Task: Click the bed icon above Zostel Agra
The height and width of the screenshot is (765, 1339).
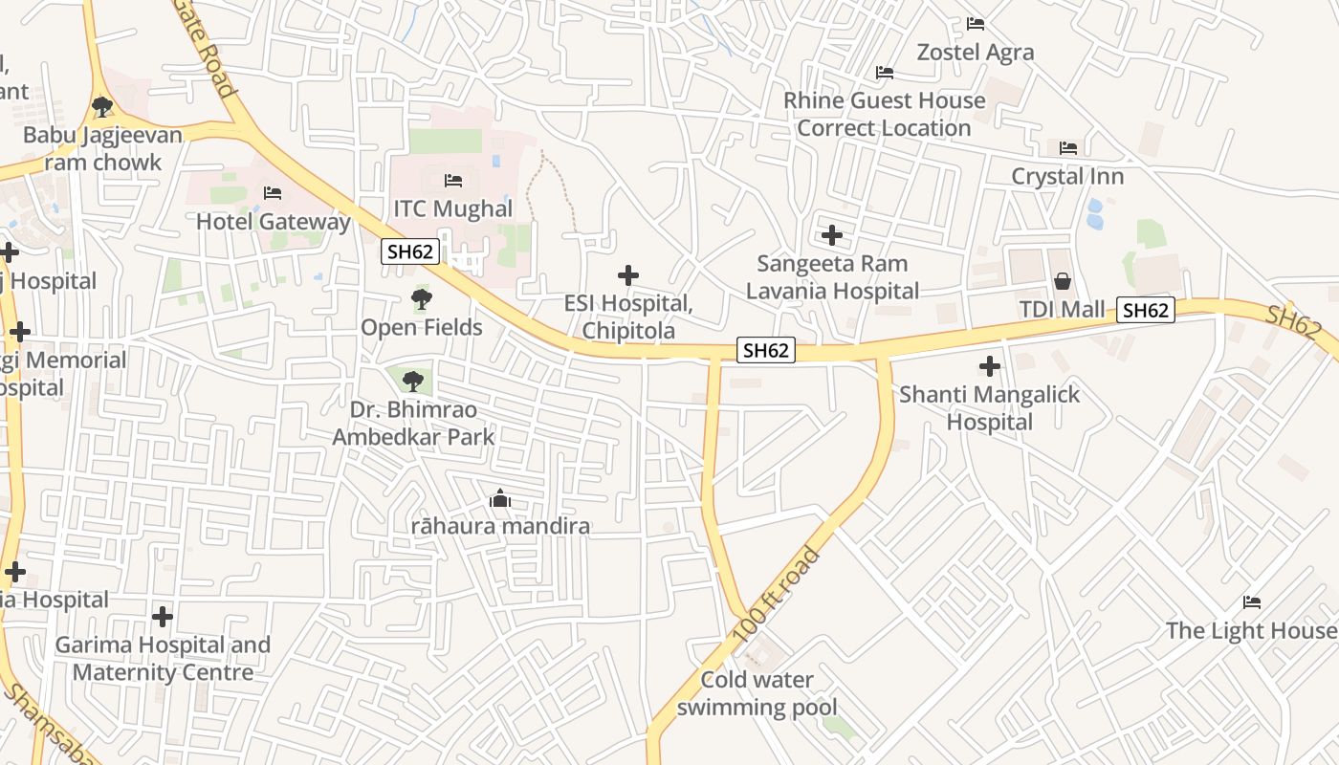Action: tap(976, 23)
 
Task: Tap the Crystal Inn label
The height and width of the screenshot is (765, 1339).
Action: tap(1067, 177)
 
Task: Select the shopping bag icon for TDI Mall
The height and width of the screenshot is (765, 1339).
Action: tap(1062, 281)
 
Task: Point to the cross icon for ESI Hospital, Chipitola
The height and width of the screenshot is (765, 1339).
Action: tap(628, 275)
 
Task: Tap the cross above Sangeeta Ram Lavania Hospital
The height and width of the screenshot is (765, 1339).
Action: tap(832, 234)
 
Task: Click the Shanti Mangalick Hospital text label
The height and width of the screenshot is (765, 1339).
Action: tap(990, 408)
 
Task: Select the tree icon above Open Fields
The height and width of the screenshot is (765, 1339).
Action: tap(421, 299)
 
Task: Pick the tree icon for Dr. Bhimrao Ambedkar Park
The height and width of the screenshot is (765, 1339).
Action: tap(412, 382)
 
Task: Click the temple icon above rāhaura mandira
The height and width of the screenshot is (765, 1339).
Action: tap(500, 498)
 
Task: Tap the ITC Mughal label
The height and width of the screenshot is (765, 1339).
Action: tap(453, 208)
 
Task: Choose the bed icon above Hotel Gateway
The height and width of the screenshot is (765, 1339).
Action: tap(273, 193)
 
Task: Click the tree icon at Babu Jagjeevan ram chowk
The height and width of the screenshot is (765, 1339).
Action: tap(102, 107)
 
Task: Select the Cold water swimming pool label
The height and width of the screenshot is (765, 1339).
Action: tap(757, 694)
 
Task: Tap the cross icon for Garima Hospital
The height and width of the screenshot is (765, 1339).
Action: tap(163, 616)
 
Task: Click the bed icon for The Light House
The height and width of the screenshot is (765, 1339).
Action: tap(1252, 602)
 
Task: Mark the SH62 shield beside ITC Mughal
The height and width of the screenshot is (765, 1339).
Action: tap(410, 251)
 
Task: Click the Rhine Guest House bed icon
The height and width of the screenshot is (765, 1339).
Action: tap(885, 73)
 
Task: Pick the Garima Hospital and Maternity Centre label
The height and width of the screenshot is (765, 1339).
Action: tap(163, 659)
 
